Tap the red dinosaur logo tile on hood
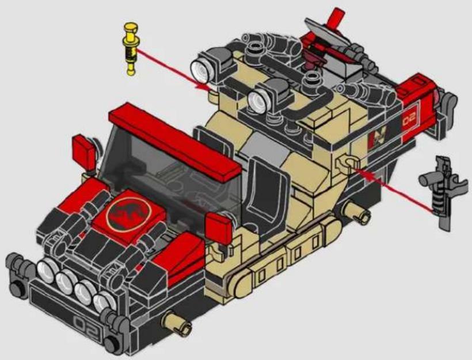[x=128, y=213]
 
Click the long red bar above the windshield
[x=175, y=142]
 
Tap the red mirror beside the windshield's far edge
[x=84, y=152]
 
